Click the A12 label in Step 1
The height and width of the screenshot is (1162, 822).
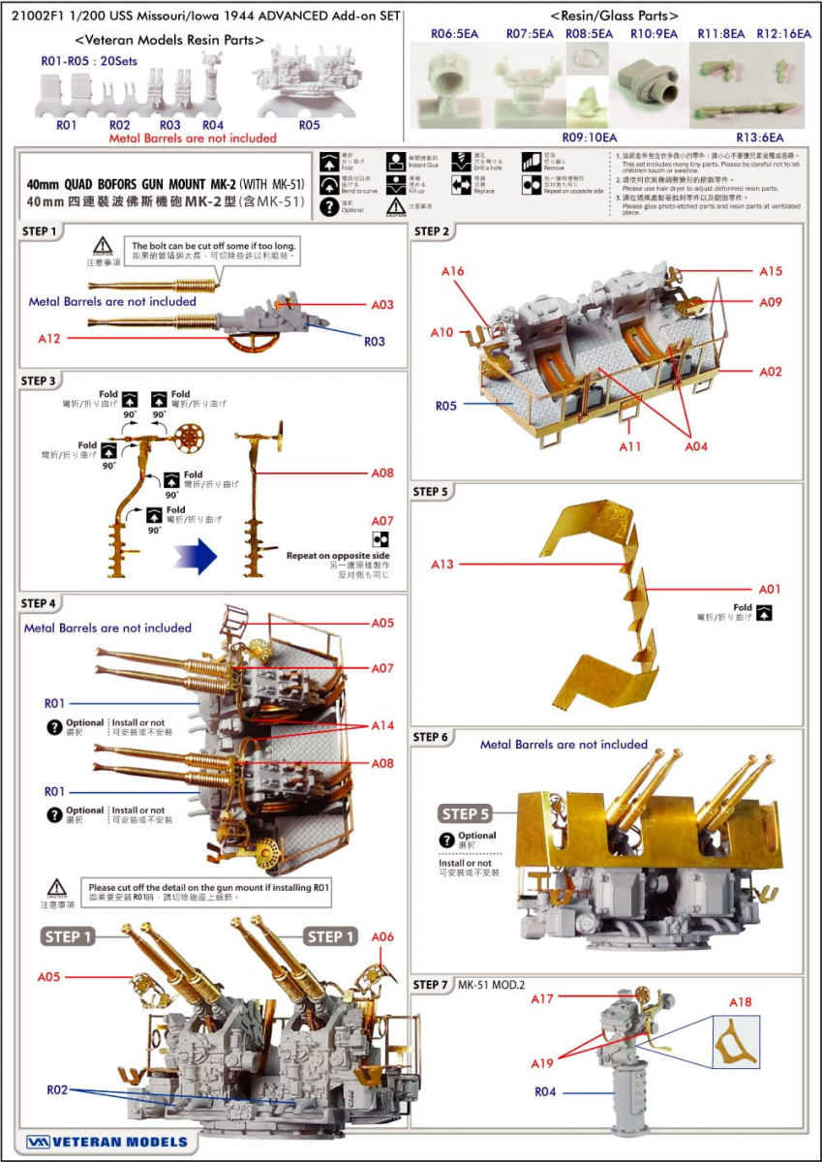(50, 340)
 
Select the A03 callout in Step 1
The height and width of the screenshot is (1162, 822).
(382, 304)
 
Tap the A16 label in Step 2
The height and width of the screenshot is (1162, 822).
(453, 272)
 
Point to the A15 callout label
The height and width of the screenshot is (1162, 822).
(771, 271)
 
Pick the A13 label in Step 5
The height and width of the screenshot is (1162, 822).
(442, 564)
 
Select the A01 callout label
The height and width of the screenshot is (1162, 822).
(770, 589)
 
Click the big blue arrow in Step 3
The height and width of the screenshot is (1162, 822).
(195, 559)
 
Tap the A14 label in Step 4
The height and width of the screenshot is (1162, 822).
(382, 725)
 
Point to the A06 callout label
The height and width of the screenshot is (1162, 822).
(382, 936)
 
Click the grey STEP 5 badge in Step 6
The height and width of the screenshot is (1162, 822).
(466, 813)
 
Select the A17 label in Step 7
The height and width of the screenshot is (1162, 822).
(542, 998)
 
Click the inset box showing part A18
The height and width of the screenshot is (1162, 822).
(736, 1042)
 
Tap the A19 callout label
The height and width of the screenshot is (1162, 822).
(542, 1063)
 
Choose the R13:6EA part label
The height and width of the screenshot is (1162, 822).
(760, 138)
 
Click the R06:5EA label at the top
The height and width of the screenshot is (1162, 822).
(455, 34)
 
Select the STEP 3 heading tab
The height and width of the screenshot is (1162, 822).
(40, 381)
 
